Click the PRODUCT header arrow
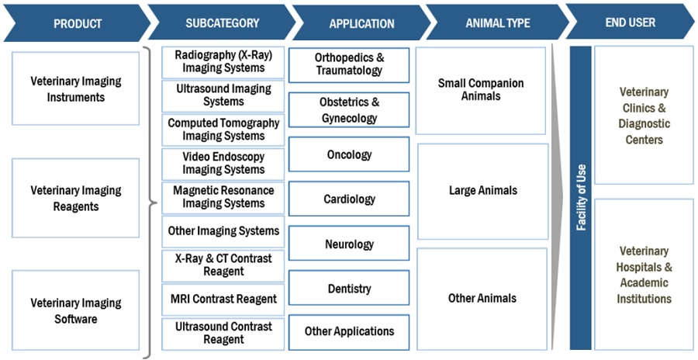[x=75, y=23]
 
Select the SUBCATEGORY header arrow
[x=221, y=23]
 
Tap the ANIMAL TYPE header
[x=496, y=23]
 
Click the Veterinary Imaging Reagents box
[x=76, y=198]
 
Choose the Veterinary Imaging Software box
[x=76, y=310]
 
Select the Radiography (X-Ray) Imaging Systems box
[x=223, y=62]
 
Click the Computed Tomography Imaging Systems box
[x=223, y=130]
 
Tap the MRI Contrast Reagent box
[x=223, y=299]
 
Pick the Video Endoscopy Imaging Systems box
[x=223, y=163]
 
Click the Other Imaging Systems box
[x=223, y=231]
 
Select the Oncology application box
[x=349, y=154]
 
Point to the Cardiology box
[x=349, y=199]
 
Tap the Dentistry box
[x=349, y=289]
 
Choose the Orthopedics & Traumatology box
[x=349, y=64]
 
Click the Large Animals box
[x=482, y=191]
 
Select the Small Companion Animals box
[x=481, y=90]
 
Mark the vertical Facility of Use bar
[x=580, y=198]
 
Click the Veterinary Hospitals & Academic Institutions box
[x=644, y=275]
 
